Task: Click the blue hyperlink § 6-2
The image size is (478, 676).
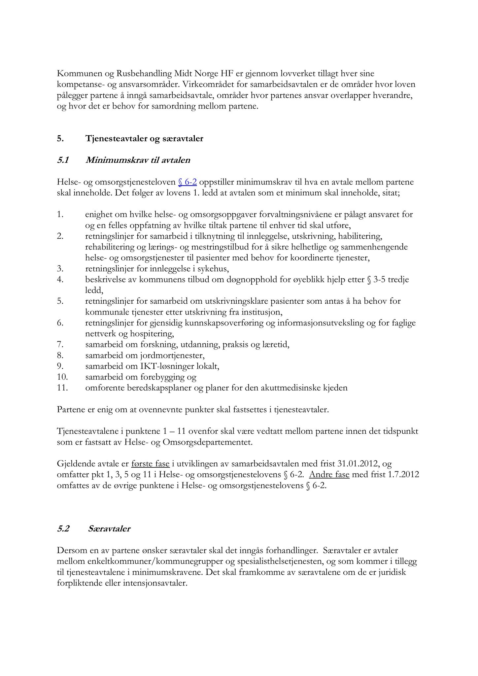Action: pyautogui.click(x=188, y=182)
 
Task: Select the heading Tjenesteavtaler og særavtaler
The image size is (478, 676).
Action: pyautogui.click(x=144, y=139)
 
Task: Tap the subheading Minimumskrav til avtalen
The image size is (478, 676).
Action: pyautogui.click(x=138, y=160)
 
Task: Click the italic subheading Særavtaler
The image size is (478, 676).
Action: pyautogui.click(x=109, y=529)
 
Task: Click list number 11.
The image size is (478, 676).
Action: pyautogui.click(x=62, y=388)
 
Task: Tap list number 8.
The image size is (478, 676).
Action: pyautogui.click(x=60, y=355)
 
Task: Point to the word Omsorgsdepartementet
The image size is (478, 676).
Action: pyautogui.click(x=208, y=442)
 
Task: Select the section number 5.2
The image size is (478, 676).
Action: pyautogui.click(x=63, y=529)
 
